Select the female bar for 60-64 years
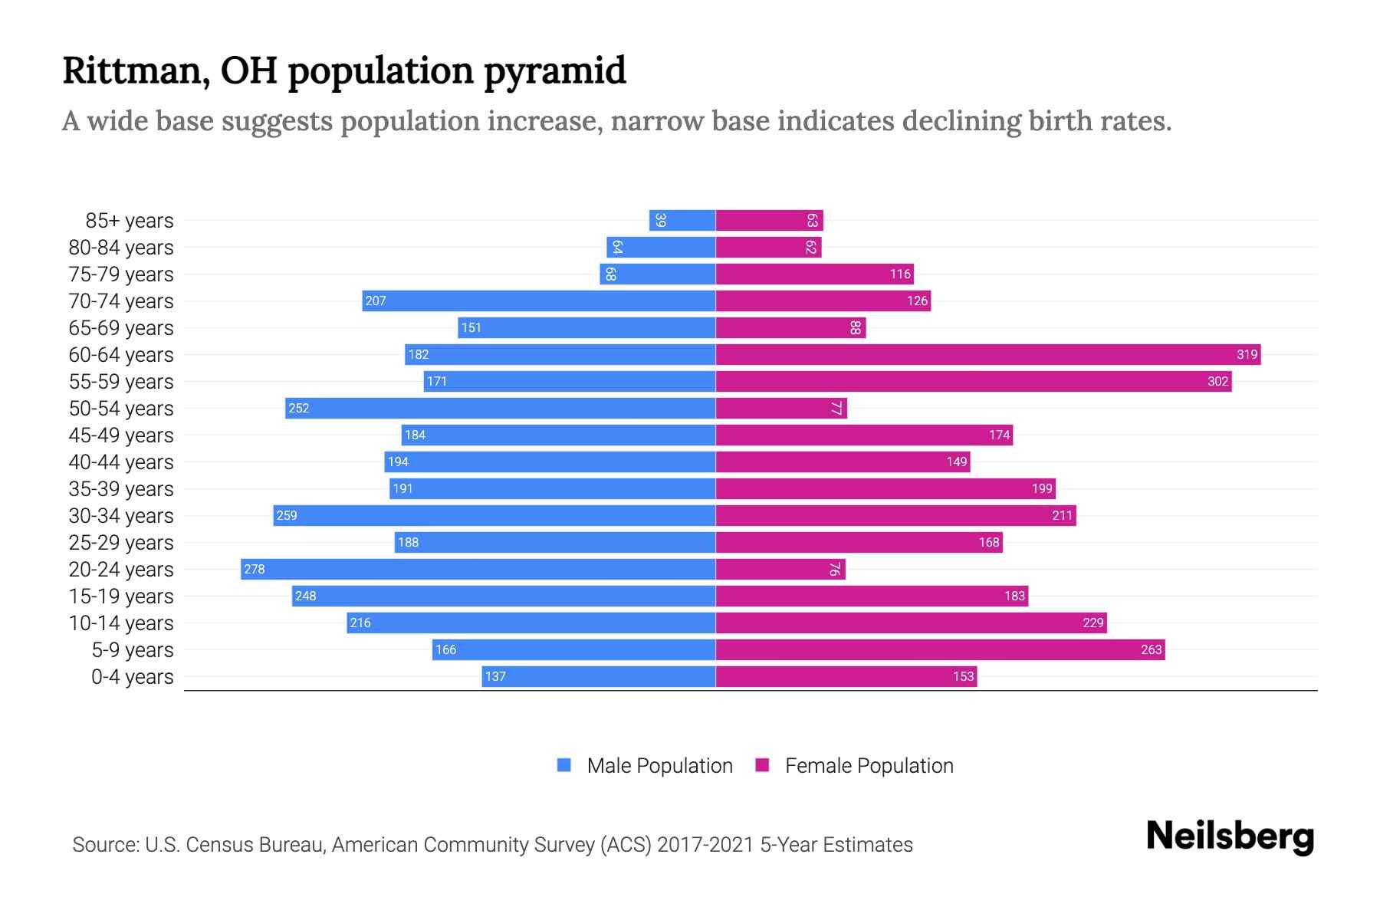pos(987,354)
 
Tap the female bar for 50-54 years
pos(780,408)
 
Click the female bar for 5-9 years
pos(940,649)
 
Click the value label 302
pos(1217,381)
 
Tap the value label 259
pos(287,515)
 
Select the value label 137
pos(495,676)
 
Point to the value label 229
pos(1092,623)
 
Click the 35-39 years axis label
pos(121,488)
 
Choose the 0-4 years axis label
pos(132,676)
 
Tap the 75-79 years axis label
pos(121,274)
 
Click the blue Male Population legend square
pos(564,765)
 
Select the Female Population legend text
pos(869,765)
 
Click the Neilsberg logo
pos(1230,836)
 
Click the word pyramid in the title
pos(555,71)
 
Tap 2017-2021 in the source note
pos(705,844)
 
